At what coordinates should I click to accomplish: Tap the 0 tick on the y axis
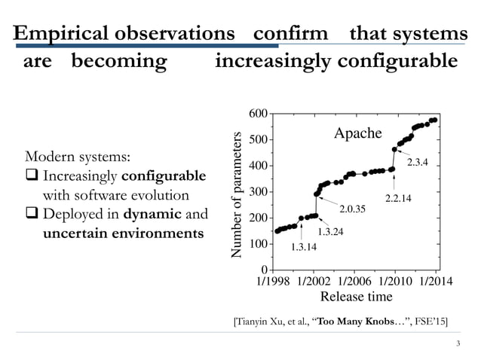[264, 270]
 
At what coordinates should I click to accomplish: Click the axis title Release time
[354, 297]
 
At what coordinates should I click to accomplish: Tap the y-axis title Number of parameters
[238, 192]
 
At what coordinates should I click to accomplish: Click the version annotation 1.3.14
[304, 246]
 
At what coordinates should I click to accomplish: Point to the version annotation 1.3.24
[330, 231]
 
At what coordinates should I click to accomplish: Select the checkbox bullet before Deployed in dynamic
[32, 215]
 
